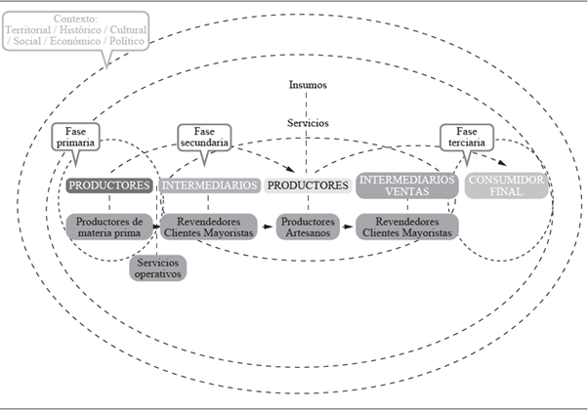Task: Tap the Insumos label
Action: tap(308, 85)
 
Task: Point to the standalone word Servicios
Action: tap(308, 123)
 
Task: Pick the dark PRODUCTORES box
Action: tap(108, 184)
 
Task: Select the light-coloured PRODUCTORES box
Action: tap(308, 184)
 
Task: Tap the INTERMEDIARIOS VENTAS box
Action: tap(406, 185)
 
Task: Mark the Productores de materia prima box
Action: tap(109, 227)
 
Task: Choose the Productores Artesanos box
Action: tap(308, 227)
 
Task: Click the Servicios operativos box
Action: tap(158, 267)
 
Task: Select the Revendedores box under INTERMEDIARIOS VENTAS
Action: tap(407, 227)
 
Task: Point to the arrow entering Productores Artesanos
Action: tap(267, 227)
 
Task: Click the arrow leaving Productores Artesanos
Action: tap(347, 227)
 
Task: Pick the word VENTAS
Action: tap(406, 192)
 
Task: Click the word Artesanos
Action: tap(308, 234)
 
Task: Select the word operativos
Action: tap(158, 274)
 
